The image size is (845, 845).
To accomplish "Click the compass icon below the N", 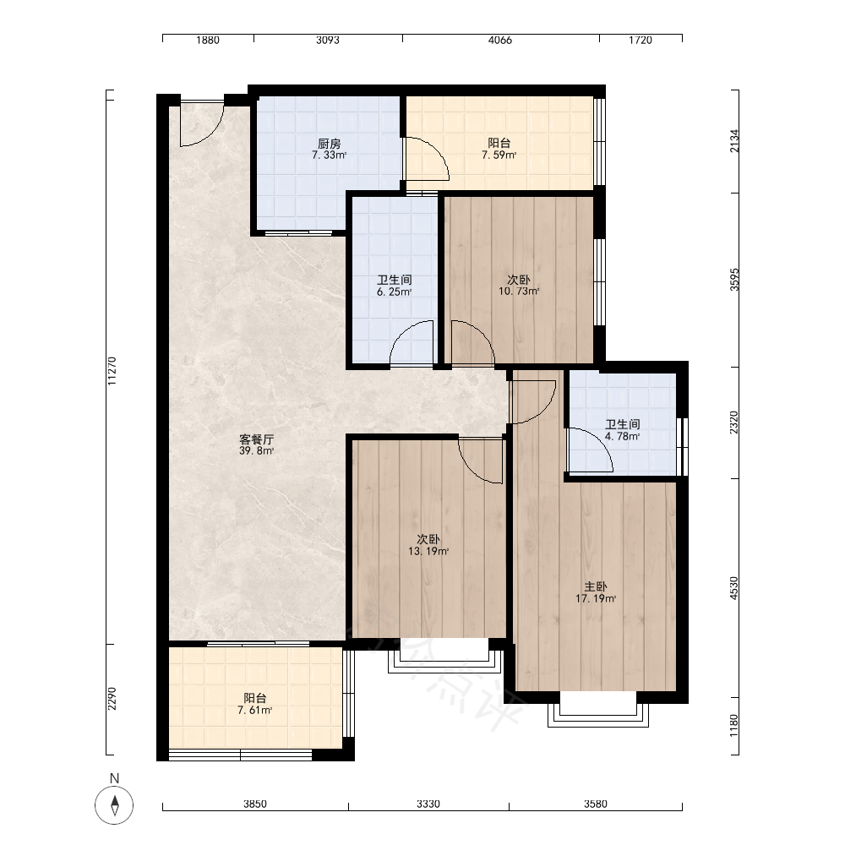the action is coord(114,805).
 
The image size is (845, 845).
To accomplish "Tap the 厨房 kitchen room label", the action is coord(329,144).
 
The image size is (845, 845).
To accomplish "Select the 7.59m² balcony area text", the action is coord(499,155).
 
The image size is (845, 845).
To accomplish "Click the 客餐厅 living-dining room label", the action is coord(257,439).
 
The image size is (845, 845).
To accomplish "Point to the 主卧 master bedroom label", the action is coord(596,587).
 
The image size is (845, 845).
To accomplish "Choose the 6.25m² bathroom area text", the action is coord(395,292).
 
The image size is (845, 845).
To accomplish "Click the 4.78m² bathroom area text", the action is coord(623,437).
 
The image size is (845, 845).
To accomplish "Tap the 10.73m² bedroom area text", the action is coord(519,292).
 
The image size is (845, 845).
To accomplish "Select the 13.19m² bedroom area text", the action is coord(428,551).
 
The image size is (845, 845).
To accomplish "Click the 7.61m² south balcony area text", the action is coord(255,711).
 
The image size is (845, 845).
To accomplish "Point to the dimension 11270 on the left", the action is coord(112,371).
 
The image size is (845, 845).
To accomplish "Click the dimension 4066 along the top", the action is coord(500,40).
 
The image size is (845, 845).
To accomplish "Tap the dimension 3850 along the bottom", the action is coord(255,804).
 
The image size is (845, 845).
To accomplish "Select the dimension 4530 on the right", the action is coord(734,588).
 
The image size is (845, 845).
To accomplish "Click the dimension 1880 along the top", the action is coord(208,40).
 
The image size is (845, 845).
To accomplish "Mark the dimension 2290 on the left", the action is coord(112,699).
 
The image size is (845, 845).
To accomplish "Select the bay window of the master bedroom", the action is coord(598,715).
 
